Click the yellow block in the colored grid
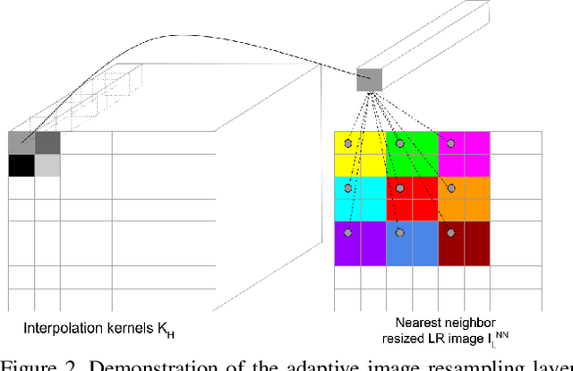click(x=360, y=153)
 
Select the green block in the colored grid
click(x=412, y=153)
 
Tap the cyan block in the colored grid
click(x=360, y=199)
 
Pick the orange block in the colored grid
click(x=464, y=199)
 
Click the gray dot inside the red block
click(x=399, y=188)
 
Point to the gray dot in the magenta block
click(x=452, y=143)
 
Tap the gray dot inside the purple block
click(x=347, y=232)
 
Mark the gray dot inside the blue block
click(x=399, y=232)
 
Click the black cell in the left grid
click(x=21, y=165)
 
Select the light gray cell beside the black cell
click(x=47, y=165)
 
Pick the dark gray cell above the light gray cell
click(x=47, y=142)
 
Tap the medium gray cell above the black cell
click(x=21, y=142)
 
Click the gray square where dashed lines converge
click(x=369, y=81)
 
